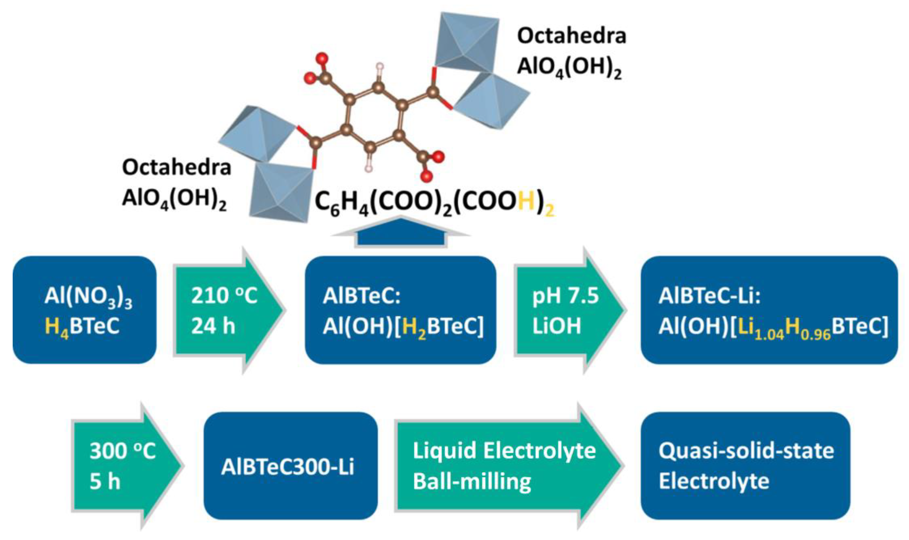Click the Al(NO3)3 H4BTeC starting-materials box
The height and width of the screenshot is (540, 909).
pyautogui.click(x=84, y=310)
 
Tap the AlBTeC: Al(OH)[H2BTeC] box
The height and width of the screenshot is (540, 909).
pyautogui.click(x=400, y=310)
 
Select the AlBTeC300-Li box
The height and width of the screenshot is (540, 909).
pyautogui.click(x=290, y=466)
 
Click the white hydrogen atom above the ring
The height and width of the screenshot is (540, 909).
pyautogui.click(x=380, y=66)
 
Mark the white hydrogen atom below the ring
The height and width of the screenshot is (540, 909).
pyautogui.click(x=369, y=168)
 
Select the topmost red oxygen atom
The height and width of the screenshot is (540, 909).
pyautogui.click(x=322, y=58)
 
